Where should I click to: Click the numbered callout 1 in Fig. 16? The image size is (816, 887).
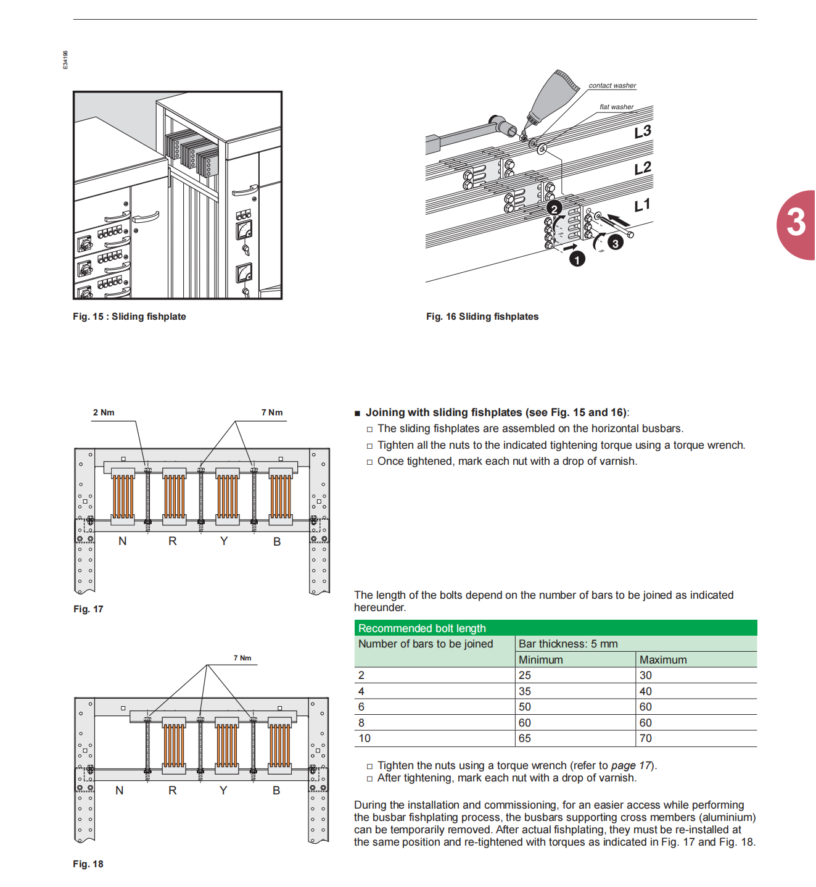pyautogui.click(x=577, y=259)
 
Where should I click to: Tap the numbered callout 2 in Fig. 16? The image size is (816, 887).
pyautogui.click(x=554, y=209)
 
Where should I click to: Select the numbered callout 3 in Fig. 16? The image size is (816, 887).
pyautogui.click(x=615, y=243)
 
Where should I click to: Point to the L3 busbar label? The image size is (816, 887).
pyautogui.click(x=643, y=131)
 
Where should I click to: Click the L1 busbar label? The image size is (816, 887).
pyautogui.click(x=642, y=205)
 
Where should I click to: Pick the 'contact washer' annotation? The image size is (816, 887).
pyautogui.click(x=612, y=86)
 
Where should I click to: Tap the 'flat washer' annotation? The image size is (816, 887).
pyautogui.click(x=616, y=107)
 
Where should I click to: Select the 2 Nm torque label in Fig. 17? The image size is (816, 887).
pyautogui.click(x=104, y=412)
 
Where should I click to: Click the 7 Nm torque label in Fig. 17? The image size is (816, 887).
pyautogui.click(x=272, y=412)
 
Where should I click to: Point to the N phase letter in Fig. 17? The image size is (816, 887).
pyautogui.click(x=122, y=541)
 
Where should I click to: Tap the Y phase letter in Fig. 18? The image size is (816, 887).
pyautogui.click(x=223, y=791)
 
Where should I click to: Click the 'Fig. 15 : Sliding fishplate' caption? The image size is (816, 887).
pyautogui.click(x=130, y=317)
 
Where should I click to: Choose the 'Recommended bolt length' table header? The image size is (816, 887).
pyautogui.click(x=422, y=628)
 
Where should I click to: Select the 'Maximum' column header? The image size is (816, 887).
pyautogui.click(x=663, y=660)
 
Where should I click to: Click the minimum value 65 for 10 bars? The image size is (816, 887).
pyautogui.click(x=525, y=738)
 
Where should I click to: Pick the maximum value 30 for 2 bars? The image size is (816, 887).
pyautogui.click(x=646, y=675)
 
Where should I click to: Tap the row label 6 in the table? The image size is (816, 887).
pyautogui.click(x=361, y=707)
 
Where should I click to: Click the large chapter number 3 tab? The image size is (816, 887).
pyautogui.click(x=796, y=223)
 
